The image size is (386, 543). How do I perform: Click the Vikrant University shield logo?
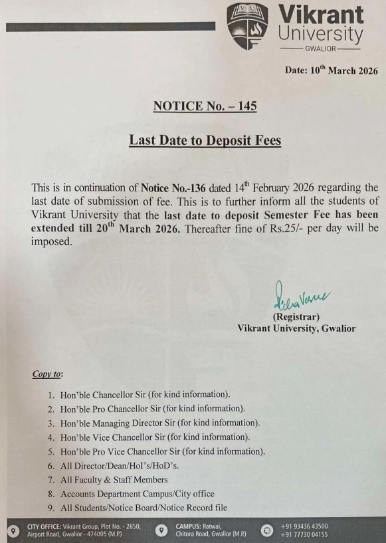click(247, 26)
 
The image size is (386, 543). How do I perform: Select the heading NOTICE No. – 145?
click(205, 106)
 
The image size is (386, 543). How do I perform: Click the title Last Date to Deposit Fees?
click(205, 141)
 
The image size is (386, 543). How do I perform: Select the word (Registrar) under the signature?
click(296, 316)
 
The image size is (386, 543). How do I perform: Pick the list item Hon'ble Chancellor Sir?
click(145, 394)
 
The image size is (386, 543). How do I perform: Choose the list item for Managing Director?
click(159, 423)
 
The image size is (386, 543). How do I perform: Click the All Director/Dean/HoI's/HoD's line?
click(120, 466)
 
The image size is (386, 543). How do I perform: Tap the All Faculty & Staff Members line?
click(114, 480)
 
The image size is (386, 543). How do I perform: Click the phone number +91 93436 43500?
click(304, 527)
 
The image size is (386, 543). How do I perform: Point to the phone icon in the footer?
click(268, 531)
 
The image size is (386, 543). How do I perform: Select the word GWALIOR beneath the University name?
click(320, 49)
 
